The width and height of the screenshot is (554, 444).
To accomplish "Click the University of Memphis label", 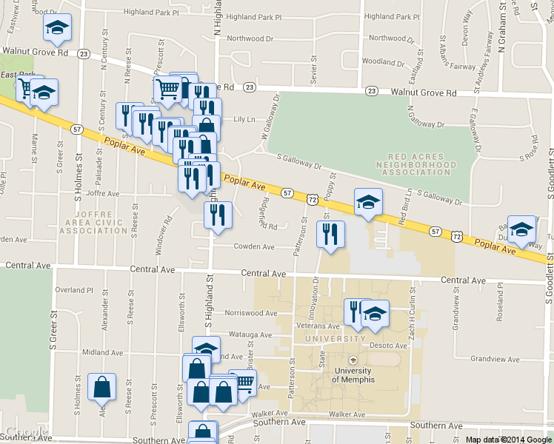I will (x=353, y=374).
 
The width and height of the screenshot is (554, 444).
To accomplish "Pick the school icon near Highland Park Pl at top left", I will (x=57, y=27).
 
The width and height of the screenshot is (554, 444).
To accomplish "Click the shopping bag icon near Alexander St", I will (x=101, y=386).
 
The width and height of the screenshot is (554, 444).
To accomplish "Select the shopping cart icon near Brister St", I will (x=243, y=383).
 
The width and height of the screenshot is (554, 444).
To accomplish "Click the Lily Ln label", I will (x=244, y=119).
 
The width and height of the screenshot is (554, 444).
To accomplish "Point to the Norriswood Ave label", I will (x=250, y=313).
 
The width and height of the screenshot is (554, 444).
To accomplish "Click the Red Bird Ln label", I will (x=402, y=211).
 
